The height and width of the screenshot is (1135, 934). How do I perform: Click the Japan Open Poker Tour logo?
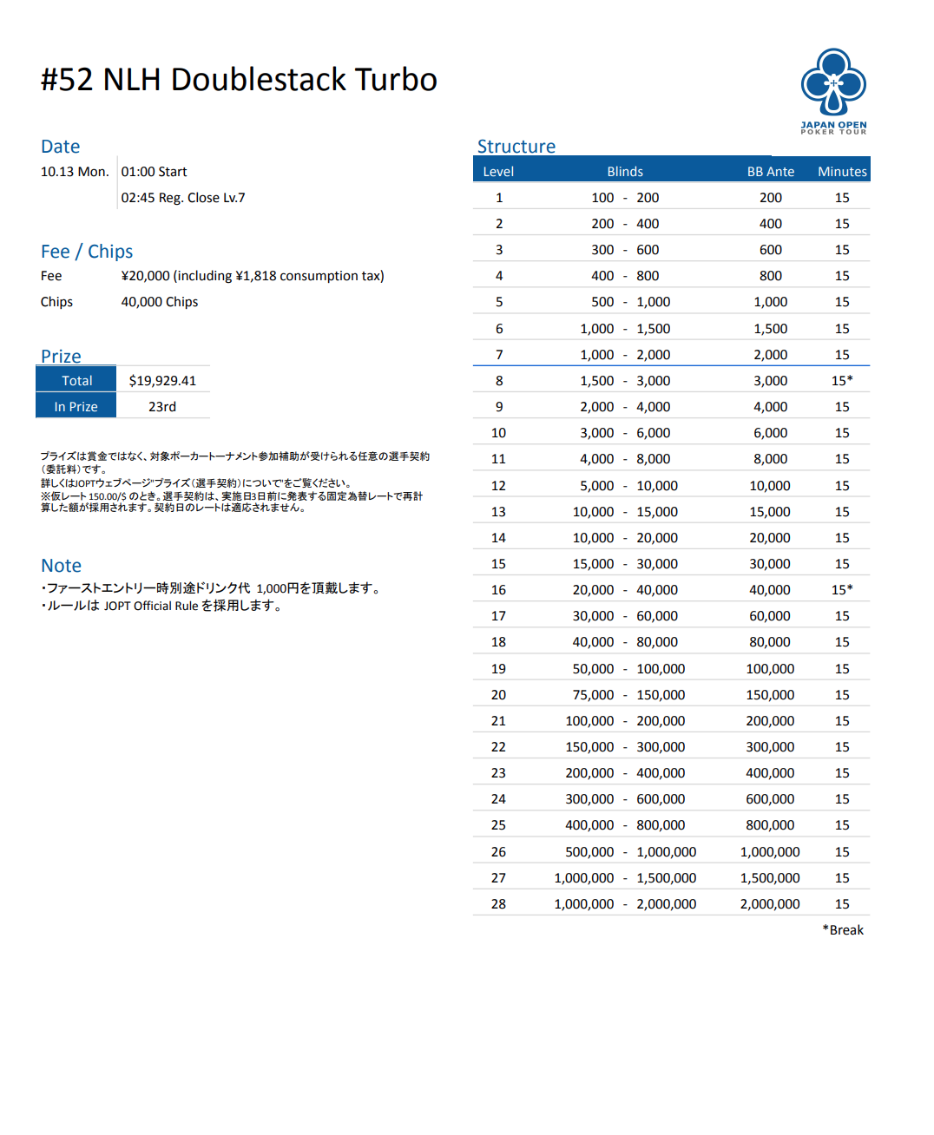[833, 90]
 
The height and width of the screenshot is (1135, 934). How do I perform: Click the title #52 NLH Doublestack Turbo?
[239, 80]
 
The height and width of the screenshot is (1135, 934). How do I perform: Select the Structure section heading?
[516, 147]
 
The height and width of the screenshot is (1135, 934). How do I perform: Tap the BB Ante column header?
[770, 172]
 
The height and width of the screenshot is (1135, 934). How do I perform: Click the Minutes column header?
[842, 172]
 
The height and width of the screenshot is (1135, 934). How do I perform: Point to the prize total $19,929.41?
[162, 381]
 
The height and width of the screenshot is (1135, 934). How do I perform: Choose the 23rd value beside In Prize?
[162, 407]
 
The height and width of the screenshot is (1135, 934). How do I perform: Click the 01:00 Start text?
[155, 172]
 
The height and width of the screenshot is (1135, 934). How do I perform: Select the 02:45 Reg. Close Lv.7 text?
[183, 198]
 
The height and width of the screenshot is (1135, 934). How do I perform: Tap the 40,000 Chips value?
[160, 302]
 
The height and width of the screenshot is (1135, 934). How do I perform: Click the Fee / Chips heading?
[87, 252]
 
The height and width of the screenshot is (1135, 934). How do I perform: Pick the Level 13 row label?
[498, 512]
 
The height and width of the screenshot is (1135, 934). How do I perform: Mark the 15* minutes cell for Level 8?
[842, 381]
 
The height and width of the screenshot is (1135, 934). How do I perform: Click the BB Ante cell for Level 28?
[770, 904]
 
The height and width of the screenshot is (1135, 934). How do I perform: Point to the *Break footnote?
[843, 930]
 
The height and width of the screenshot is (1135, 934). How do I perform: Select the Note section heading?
[62, 566]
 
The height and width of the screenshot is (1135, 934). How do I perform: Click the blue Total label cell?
[76, 381]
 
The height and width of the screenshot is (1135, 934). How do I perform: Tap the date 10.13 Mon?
[75, 172]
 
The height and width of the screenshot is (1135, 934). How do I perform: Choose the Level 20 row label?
[498, 695]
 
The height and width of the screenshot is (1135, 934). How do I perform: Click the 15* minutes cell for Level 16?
[842, 590]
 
